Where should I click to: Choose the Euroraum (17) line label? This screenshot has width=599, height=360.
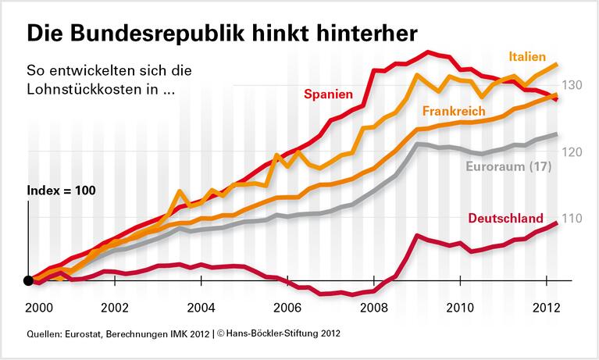click(x=508, y=166)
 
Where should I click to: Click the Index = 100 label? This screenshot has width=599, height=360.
click(x=61, y=191)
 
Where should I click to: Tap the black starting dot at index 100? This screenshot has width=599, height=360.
click(x=28, y=281)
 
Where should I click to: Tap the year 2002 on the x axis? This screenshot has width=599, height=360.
click(x=115, y=307)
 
